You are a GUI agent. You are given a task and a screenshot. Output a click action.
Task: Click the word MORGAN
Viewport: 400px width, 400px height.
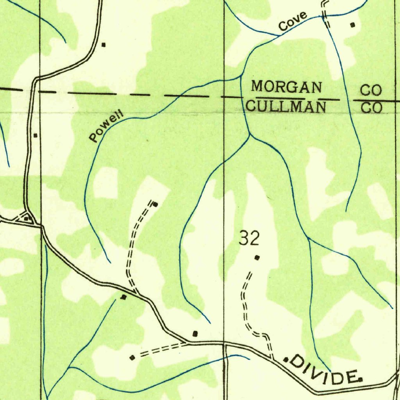click(287, 87)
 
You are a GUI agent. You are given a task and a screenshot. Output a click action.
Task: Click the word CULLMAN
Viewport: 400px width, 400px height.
click(287, 107)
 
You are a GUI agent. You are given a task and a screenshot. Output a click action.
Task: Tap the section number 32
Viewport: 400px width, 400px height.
click(249, 239)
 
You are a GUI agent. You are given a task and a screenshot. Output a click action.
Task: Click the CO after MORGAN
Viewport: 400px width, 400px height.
click(370, 91)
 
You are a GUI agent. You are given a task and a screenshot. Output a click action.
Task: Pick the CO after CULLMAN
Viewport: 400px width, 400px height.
click(371, 107)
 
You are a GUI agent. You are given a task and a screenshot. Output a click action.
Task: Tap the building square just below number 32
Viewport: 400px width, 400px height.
click(257, 257)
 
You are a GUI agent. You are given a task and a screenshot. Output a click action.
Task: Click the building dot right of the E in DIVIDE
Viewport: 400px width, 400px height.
click(360, 379)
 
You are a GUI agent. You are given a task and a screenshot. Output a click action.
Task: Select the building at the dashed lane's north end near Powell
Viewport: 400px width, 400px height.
click(155, 204)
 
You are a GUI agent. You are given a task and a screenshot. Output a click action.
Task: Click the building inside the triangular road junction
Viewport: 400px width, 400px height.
click(26, 218)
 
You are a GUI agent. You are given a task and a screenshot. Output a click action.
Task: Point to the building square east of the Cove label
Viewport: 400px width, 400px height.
click(353, 25)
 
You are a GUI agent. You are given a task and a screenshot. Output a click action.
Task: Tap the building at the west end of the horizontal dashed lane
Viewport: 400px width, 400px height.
click(132, 357)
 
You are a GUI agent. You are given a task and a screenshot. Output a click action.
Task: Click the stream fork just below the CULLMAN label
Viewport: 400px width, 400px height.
click(249, 136)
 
